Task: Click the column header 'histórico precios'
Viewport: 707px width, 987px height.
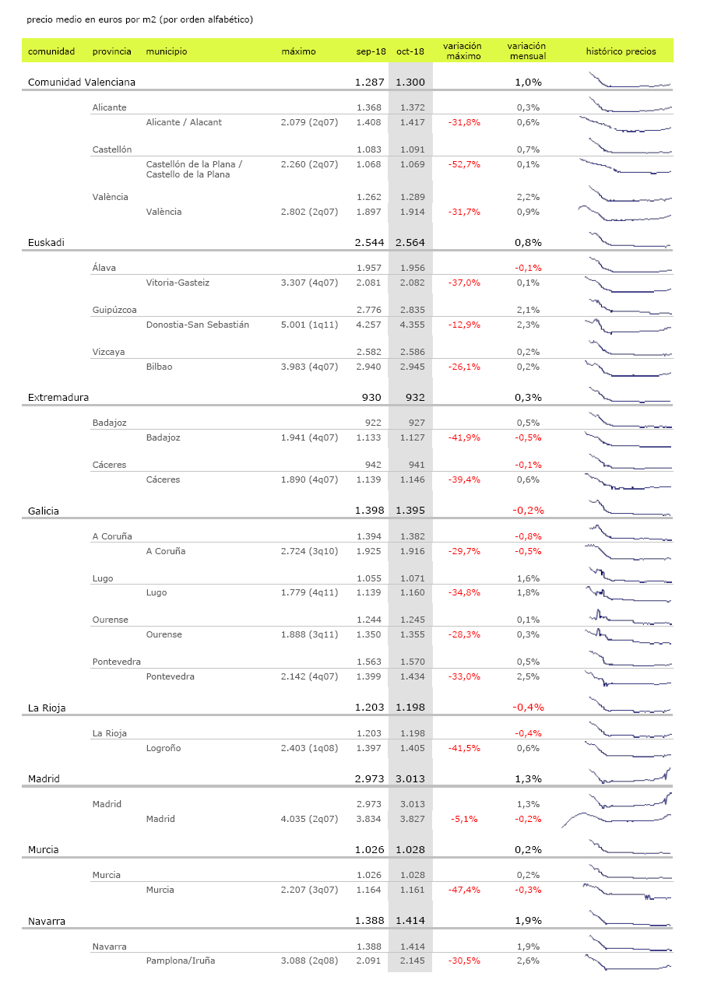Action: click(x=621, y=51)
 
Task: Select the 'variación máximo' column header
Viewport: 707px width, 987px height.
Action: click(x=463, y=51)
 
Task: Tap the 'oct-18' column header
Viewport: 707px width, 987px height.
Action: click(x=410, y=51)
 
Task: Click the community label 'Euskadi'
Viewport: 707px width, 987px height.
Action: click(x=46, y=242)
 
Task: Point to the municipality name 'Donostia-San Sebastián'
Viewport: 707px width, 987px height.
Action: click(x=198, y=325)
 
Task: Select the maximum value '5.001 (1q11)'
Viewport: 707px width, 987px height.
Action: click(x=309, y=325)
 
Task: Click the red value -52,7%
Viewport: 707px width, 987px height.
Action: click(x=464, y=164)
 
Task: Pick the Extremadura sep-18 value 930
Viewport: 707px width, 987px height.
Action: click(x=371, y=397)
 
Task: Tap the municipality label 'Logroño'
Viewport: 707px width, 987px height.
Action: click(x=164, y=748)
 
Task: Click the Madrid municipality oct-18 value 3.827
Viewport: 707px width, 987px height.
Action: click(x=411, y=819)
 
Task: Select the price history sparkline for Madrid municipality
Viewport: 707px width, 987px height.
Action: click(x=616, y=818)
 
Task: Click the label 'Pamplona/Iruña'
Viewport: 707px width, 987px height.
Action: click(x=181, y=961)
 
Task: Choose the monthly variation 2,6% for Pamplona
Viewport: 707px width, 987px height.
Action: click(x=527, y=961)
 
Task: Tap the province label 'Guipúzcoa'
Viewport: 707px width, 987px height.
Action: click(x=109, y=310)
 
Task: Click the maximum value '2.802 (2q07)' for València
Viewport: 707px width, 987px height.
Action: click(x=309, y=212)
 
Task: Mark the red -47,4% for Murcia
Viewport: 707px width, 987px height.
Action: click(x=464, y=890)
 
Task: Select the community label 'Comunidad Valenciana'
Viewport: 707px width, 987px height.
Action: click(x=82, y=82)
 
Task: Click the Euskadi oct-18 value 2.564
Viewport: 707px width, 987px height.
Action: click(x=410, y=242)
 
